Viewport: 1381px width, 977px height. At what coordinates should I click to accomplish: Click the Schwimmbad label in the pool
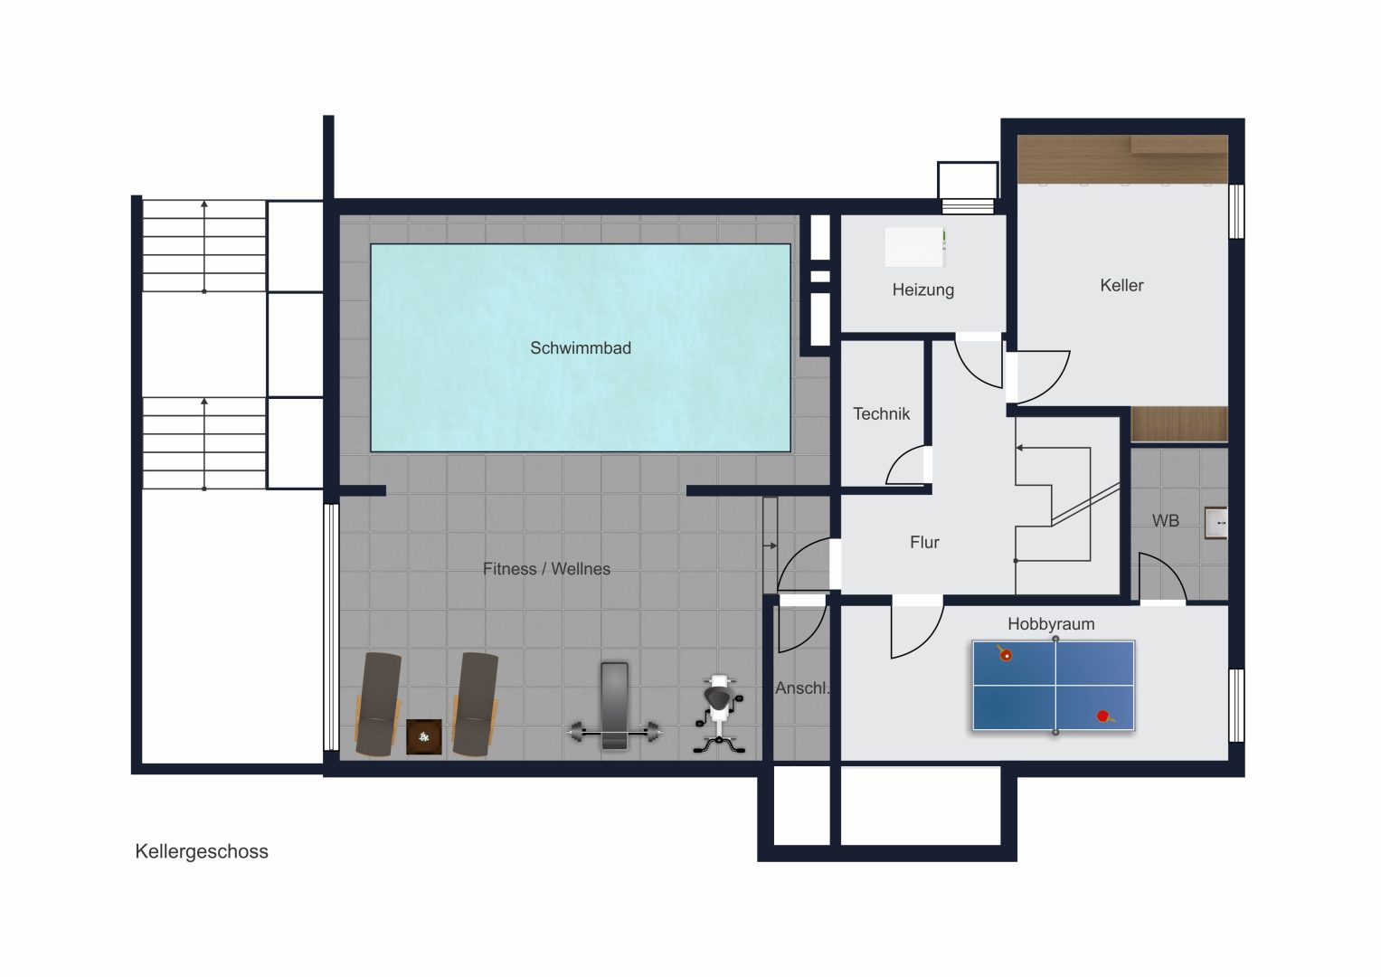[x=580, y=348]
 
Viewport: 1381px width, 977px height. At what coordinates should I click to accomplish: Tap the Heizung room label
[x=922, y=289]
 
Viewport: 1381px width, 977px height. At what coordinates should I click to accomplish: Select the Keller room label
[x=1121, y=285]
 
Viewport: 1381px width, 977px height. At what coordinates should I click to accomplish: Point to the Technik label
[x=881, y=414]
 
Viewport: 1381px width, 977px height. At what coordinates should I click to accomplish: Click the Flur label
[x=924, y=542]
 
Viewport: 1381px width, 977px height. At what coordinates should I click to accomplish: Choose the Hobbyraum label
[x=1051, y=624]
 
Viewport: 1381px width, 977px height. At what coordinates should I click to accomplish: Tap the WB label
[x=1165, y=520]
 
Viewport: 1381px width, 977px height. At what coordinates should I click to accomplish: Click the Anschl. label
[x=802, y=688]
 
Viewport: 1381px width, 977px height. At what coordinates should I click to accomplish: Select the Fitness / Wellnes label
[x=546, y=569]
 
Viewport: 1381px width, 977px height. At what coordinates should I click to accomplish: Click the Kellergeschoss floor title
[x=202, y=851]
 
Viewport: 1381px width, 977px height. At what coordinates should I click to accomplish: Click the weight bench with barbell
[x=614, y=707]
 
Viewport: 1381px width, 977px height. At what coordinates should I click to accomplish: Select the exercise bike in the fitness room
[x=720, y=715]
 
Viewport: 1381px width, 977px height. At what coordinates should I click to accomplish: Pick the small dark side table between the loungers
[x=423, y=736]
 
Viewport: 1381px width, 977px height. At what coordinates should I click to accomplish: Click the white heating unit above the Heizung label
[x=915, y=247]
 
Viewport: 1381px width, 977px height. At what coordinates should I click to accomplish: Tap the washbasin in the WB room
[x=1215, y=523]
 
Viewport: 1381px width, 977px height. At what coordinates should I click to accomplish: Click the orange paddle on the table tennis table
[x=1004, y=653]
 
